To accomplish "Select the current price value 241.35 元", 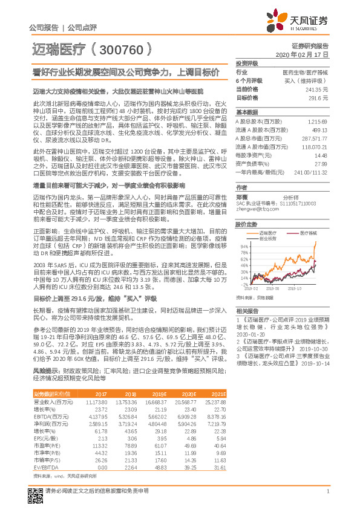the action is tap(317, 89).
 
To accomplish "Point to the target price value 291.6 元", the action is tap(318, 97).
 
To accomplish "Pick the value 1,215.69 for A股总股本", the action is tap(317, 122).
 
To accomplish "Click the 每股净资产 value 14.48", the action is tap(321, 155).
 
